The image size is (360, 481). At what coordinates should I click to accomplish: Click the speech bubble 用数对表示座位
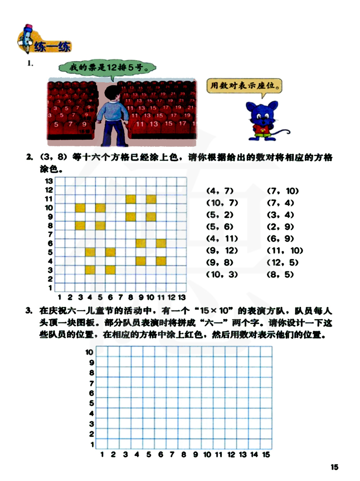pos(244,86)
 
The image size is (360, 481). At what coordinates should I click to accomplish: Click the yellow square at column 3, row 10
pos(80,208)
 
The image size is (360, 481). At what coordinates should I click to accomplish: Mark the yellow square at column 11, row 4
pos(161,261)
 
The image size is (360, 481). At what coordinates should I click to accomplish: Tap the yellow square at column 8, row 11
pos(131,199)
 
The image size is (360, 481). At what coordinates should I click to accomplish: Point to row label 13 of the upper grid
pos(49,181)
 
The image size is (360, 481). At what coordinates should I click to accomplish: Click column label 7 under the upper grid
pos(121,297)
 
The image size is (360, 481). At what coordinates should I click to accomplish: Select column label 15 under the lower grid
pos(266,454)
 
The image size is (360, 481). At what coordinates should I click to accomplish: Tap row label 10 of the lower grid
pos(89,352)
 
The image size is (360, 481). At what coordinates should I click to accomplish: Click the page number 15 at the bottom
pos(334,467)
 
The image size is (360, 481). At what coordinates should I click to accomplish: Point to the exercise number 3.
pos(29,310)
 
